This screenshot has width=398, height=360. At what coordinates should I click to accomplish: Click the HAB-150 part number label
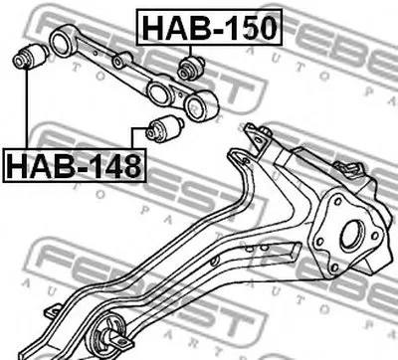209,28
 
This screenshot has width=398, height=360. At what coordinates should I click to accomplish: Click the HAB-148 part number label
75,165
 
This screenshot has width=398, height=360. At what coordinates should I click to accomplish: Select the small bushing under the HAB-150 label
191,68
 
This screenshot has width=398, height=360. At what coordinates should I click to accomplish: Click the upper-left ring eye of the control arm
62,41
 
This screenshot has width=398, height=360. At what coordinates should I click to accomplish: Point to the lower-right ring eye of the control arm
201,105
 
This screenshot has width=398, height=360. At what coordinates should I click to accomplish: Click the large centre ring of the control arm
158,93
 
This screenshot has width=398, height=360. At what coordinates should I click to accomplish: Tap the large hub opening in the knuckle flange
352,234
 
